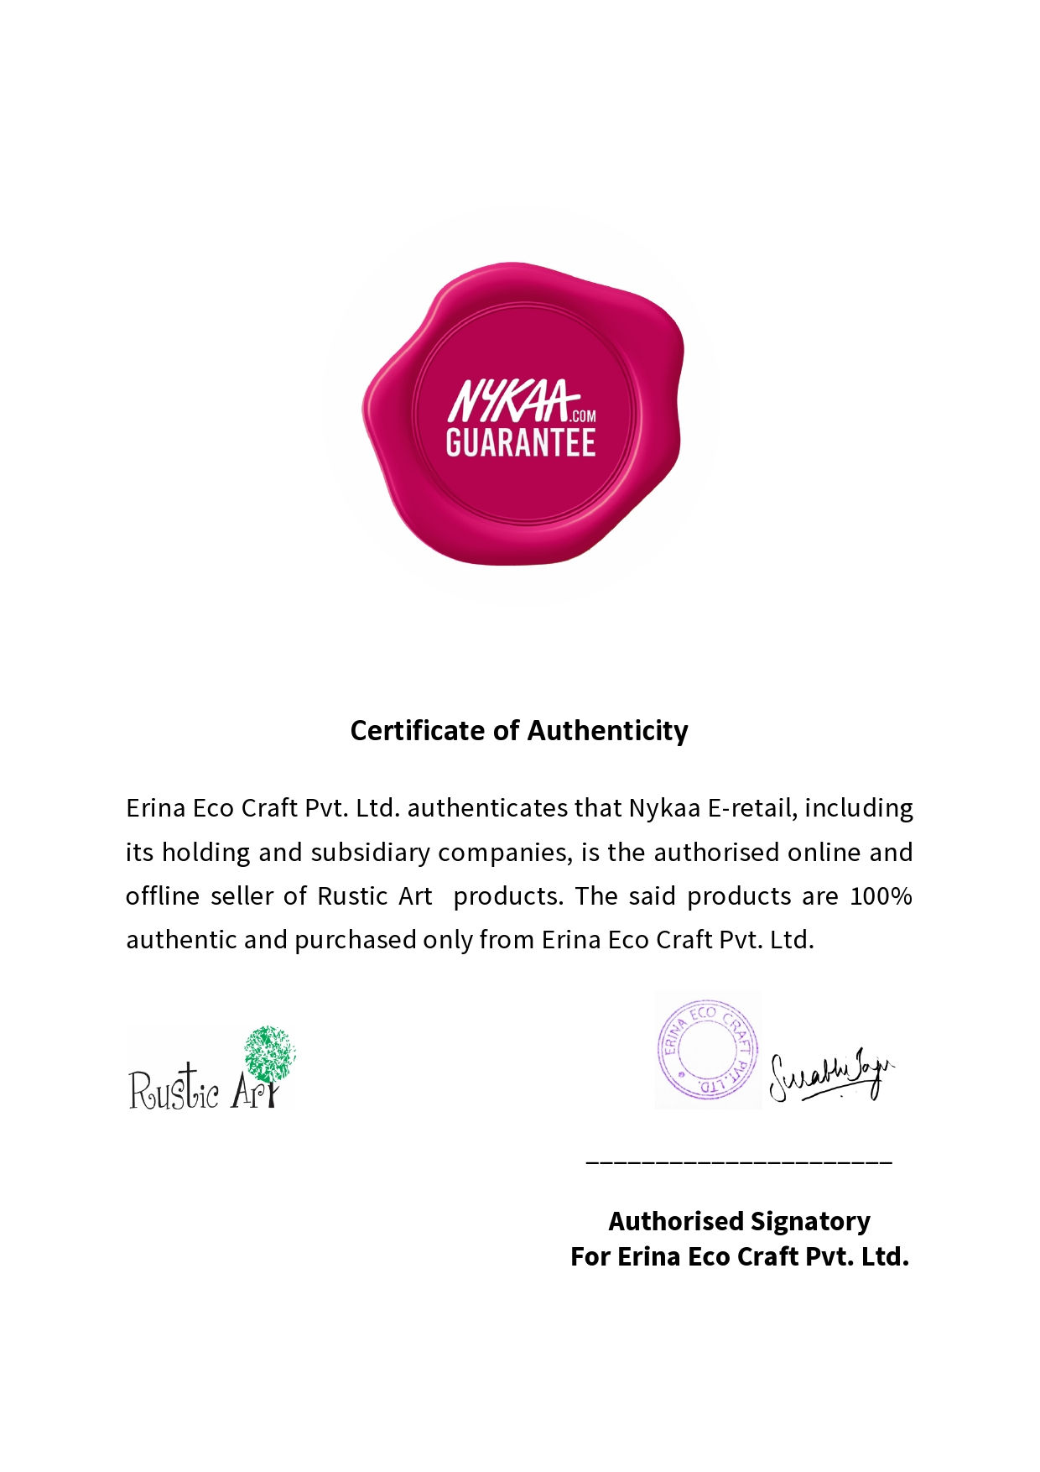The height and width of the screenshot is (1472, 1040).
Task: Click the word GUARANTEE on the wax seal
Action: click(520, 443)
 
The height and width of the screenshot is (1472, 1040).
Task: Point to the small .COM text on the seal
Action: click(582, 415)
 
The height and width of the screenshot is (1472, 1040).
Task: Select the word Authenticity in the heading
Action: click(607, 731)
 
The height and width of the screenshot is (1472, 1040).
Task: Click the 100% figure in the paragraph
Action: click(881, 896)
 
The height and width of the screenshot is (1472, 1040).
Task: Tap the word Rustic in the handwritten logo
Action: click(174, 1089)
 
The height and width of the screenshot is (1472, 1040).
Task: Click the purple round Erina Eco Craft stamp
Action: click(707, 1049)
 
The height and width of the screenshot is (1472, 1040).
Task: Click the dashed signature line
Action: click(739, 1162)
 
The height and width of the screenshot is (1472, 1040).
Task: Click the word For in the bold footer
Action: click(590, 1257)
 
